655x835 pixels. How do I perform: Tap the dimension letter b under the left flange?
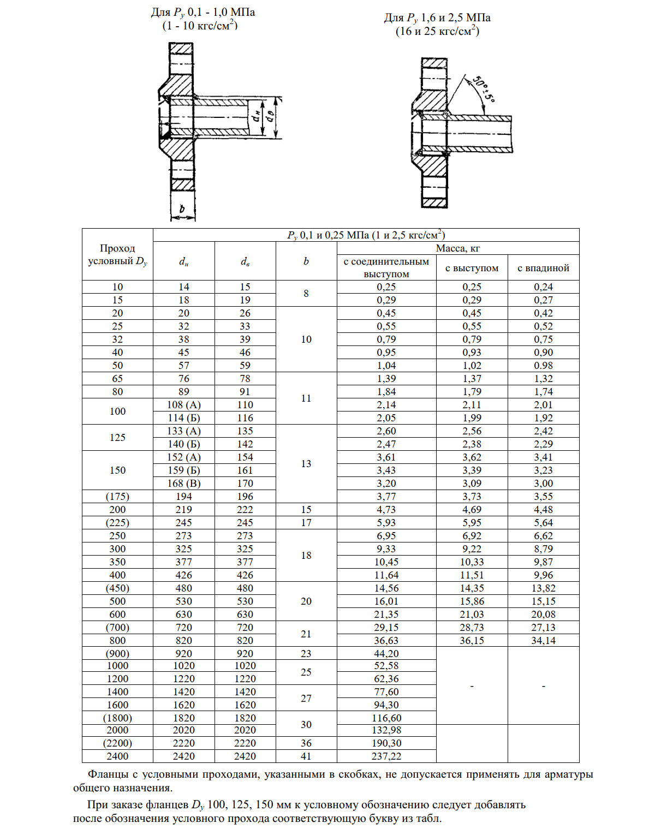coord(182,208)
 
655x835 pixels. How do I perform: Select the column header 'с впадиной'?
coord(543,268)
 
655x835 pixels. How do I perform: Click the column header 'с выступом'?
coord(472,268)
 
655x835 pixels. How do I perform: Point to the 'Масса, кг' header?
coord(457,248)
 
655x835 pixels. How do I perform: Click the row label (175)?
coord(117,497)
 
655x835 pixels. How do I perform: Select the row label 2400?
coord(117,756)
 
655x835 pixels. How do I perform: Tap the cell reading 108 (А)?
coord(184,405)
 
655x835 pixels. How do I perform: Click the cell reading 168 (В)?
coord(184,484)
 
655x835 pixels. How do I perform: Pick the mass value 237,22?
coord(386,756)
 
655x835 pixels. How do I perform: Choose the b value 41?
coord(306,756)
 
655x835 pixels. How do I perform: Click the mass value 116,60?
coord(386,718)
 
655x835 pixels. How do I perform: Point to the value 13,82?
coord(543,588)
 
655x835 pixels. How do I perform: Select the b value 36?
coord(306,743)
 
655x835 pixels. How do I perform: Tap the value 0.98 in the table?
coord(543,366)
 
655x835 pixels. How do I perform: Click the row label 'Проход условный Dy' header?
coord(117,255)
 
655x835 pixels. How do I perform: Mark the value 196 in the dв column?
coord(245,497)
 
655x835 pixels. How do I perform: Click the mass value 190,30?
coord(386,743)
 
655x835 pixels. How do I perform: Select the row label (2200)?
coord(117,743)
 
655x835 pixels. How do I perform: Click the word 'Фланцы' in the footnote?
coord(108,774)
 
